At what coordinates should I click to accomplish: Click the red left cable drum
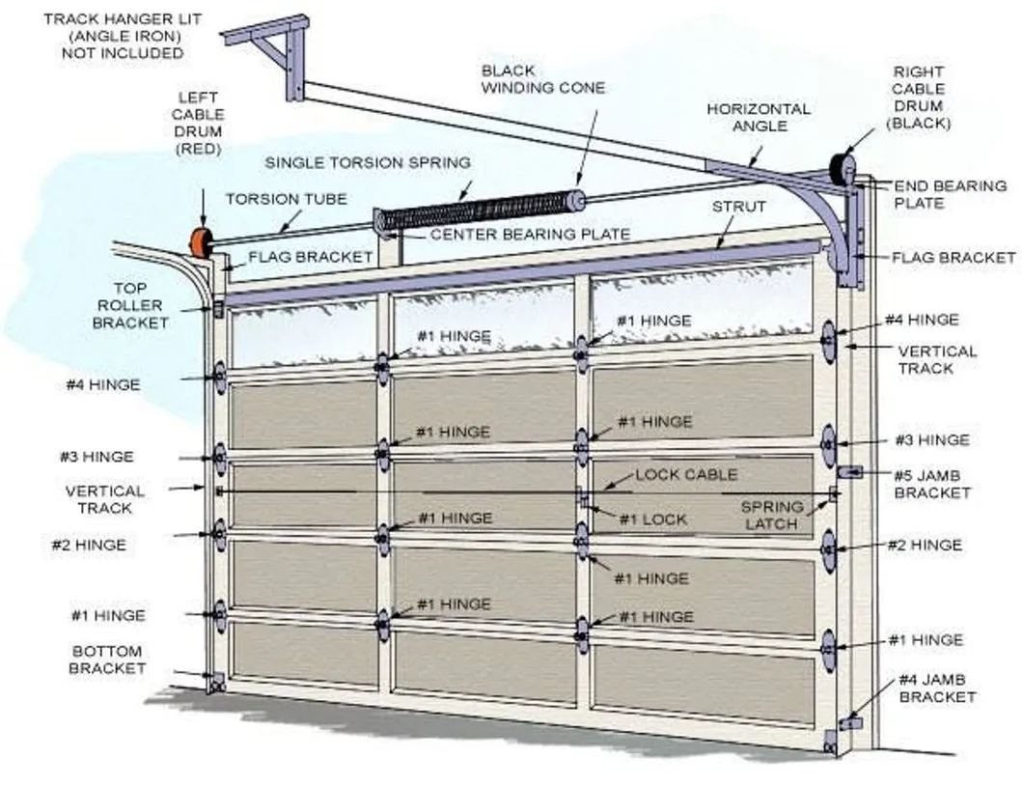point(201,242)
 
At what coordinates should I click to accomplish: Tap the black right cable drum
point(842,170)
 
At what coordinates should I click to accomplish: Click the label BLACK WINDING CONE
point(543,79)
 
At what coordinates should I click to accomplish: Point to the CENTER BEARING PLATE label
point(530,234)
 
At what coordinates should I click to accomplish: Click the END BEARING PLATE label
point(950,194)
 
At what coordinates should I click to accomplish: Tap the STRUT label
point(738,207)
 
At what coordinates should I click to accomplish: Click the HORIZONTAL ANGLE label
point(759,118)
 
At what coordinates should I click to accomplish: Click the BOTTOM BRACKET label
point(107,660)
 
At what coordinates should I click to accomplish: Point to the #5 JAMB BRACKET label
point(930,483)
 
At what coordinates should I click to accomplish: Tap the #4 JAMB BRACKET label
point(936,688)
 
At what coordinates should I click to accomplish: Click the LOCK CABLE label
point(685,474)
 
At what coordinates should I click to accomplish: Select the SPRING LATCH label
point(772,515)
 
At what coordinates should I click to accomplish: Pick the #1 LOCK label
point(653,520)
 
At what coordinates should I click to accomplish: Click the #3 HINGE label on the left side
point(94,457)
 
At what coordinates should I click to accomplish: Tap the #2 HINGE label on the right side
point(925,545)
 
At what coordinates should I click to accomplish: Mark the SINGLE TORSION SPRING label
point(368,162)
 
